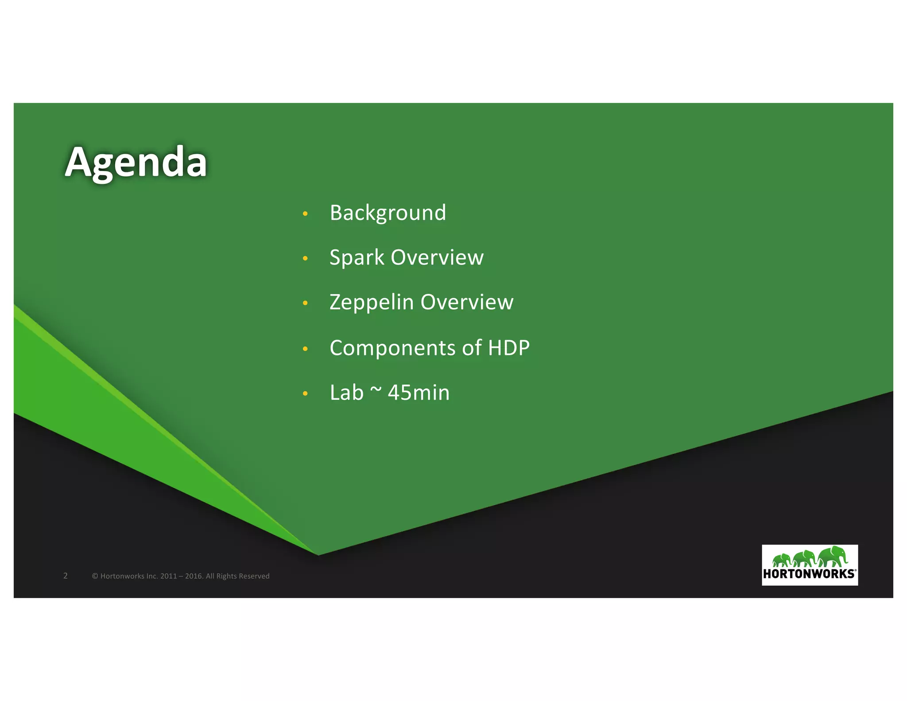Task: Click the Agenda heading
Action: click(x=136, y=163)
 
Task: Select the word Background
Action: click(x=388, y=213)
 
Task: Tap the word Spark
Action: click(x=357, y=258)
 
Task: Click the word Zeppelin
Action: click(x=372, y=303)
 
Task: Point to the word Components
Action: click(x=392, y=348)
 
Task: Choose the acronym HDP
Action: click(x=508, y=348)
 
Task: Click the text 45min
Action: click(x=419, y=393)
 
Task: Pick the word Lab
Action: click(x=346, y=393)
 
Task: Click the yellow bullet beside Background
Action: click(x=305, y=214)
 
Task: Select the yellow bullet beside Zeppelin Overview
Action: click(x=305, y=303)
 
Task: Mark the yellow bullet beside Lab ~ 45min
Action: click(x=305, y=393)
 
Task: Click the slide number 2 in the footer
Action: click(x=66, y=576)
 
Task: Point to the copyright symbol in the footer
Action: click(x=95, y=576)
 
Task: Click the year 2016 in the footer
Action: click(x=194, y=576)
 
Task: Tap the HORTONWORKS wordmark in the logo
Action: click(x=809, y=574)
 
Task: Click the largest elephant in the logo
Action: click(x=833, y=557)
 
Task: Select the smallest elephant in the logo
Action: click(x=782, y=560)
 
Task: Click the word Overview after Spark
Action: click(x=437, y=258)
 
